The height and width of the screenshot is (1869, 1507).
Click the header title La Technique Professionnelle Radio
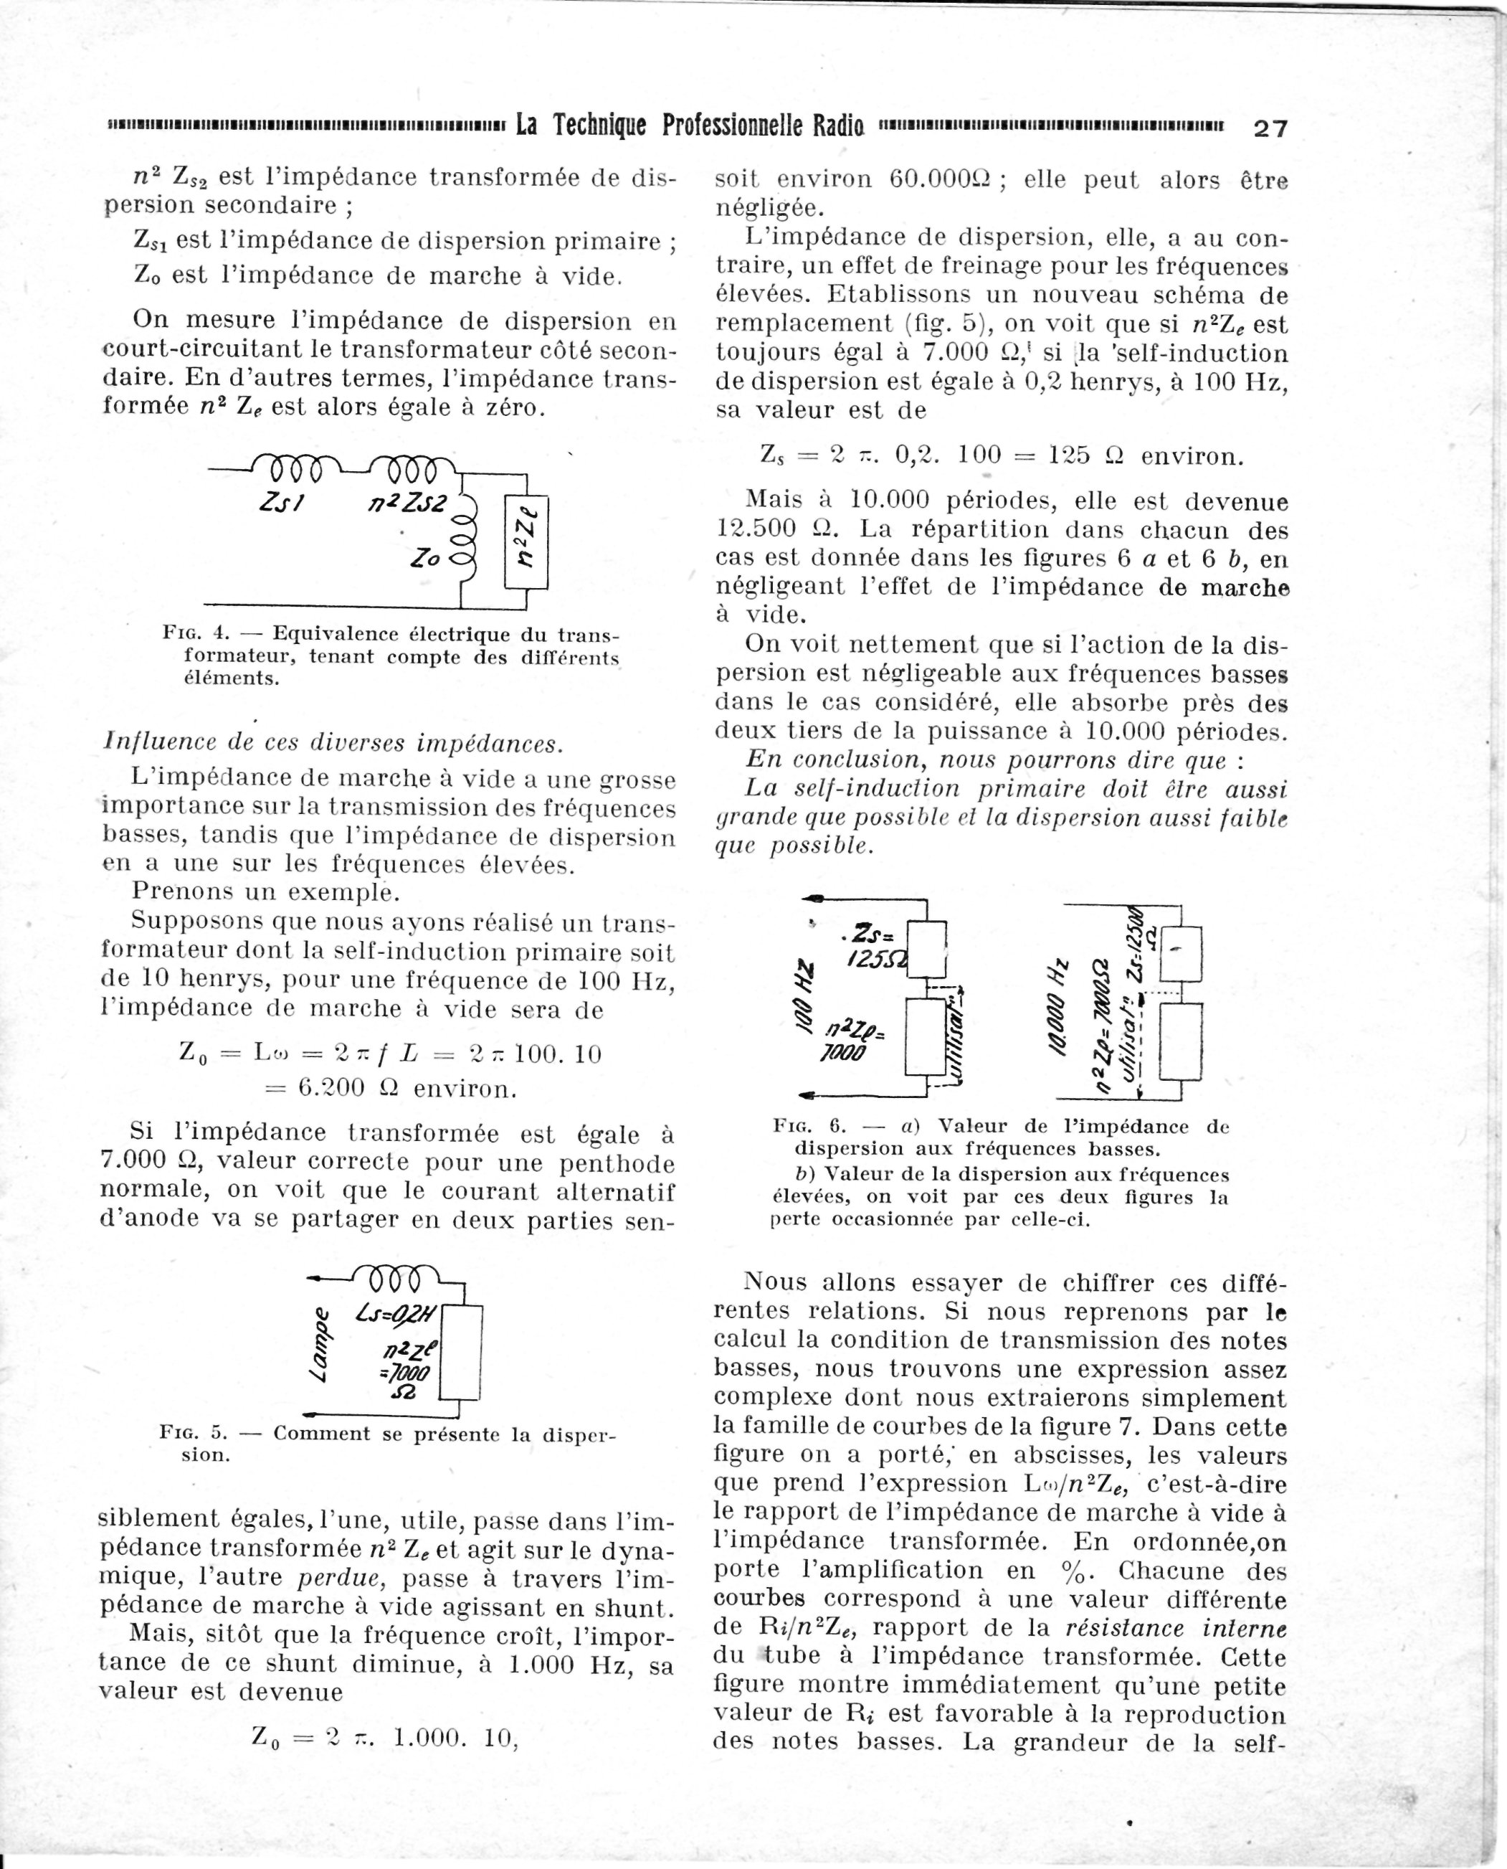pos(689,127)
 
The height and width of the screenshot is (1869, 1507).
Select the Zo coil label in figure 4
pos(427,560)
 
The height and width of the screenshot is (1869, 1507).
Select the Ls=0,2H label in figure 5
pos(399,1316)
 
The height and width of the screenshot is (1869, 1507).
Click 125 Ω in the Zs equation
pos(1086,455)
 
